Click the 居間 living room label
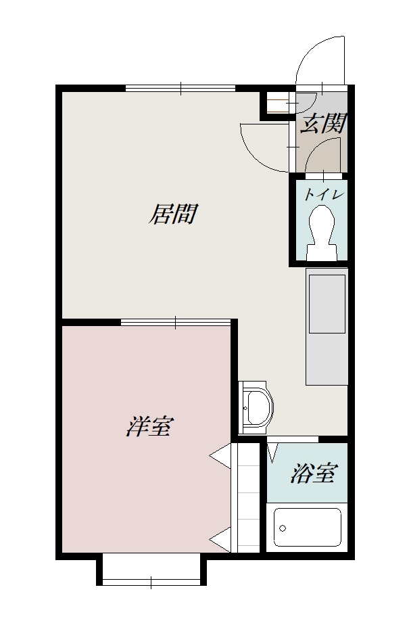(x=172, y=214)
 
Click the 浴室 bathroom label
(x=313, y=474)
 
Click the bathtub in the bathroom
(x=308, y=527)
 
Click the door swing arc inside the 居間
(x=260, y=145)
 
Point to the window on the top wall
(x=181, y=87)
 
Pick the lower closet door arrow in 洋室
(x=220, y=539)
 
